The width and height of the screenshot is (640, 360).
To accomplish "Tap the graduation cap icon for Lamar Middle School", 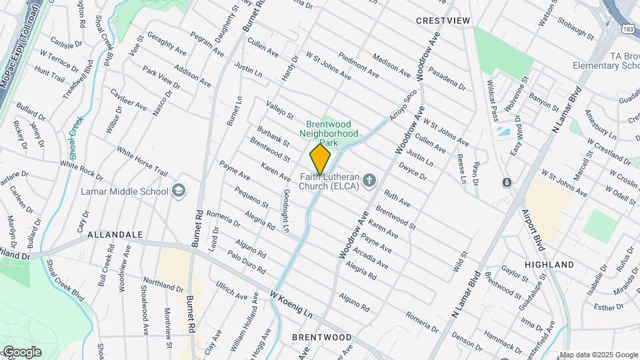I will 178,191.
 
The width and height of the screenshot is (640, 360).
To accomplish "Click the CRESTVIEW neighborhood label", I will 443,21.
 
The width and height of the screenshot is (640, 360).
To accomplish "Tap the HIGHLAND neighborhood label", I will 549,265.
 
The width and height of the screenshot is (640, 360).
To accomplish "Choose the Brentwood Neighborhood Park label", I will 332,133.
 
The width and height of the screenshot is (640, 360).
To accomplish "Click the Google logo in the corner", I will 21,352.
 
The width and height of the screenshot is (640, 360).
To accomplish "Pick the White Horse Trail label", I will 142,161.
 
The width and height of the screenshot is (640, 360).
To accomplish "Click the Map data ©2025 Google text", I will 599,355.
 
